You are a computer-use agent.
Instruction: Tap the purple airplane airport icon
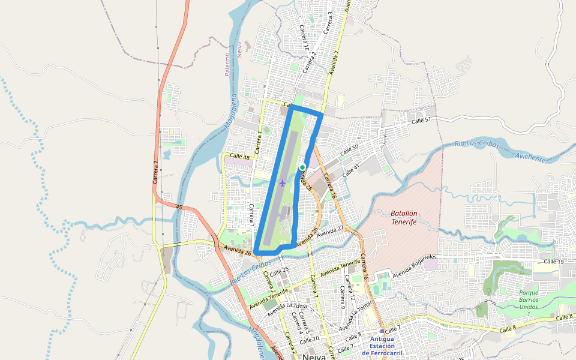pyautogui.click(x=283, y=182)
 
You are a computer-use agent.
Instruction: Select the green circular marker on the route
pyautogui.click(x=303, y=167)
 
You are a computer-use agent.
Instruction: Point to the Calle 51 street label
pyautogui.click(x=421, y=121)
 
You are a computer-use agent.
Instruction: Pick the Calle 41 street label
pyautogui.click(x=351, y=171)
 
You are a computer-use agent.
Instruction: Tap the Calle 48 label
pyautogui.click(x=240, y=157)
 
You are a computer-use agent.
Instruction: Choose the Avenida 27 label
pyautogui.click(x=329, y=230)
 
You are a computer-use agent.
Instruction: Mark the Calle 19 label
pyautogui.click(x=553, y=262)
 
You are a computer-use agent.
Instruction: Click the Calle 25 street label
pyautogui.click(x=280, y=271)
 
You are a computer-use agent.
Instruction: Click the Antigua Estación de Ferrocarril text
pyautogui.click(x=382, y=346)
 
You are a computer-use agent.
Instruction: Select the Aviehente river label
pyautogui.click(x=530, y=158)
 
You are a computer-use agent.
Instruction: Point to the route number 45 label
pyautogui.click(x=179, y=206)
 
